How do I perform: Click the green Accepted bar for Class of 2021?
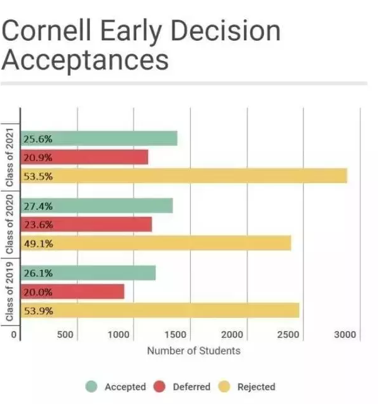[x=100, y=138]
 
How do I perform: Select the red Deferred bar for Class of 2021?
[x=85, y=157]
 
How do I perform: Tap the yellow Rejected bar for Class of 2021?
[x=184, y=176]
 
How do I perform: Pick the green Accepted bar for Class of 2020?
[x=97, y=206]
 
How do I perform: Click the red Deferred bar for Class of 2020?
[x=87, y=224]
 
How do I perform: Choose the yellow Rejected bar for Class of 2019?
[x=160, y=310]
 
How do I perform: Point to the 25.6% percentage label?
[x=38, y=138]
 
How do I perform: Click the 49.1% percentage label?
[x=38, y=244]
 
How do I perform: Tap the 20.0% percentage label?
[x=38, y=292]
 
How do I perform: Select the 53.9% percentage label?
[x=38, y=311]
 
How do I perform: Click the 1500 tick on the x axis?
[x=177, y=335]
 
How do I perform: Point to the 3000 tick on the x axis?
[x=346, y=335]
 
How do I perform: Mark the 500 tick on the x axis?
[x=66, y=335]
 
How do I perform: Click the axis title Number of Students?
[x=193, y=351]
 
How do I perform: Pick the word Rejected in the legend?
[x=256, y=387]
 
